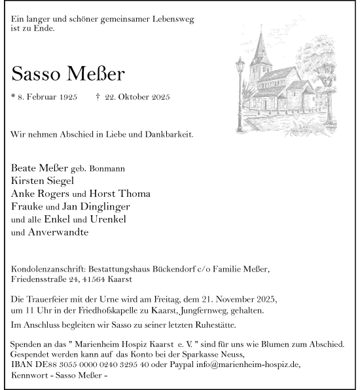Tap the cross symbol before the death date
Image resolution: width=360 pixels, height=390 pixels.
(98, 97)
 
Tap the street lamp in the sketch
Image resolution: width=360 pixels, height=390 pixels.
(240, 79)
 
